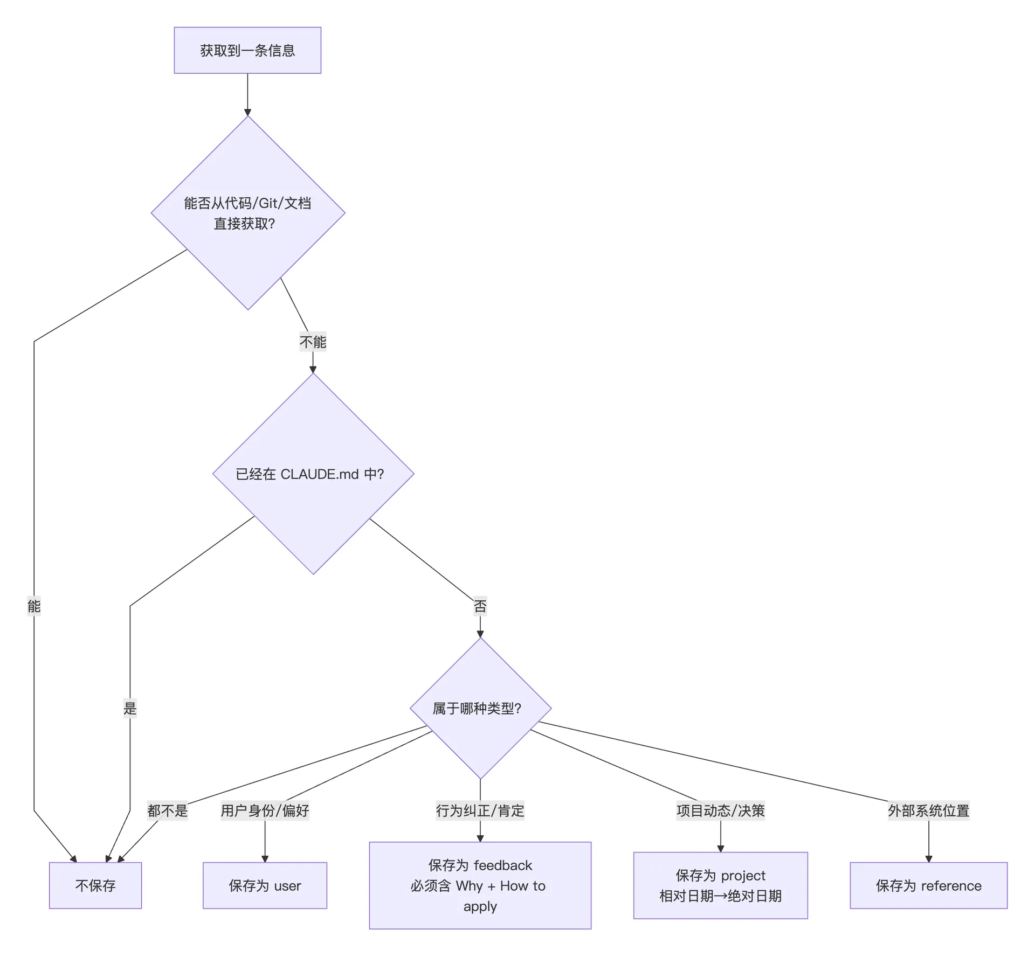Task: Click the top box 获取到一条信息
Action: point(247,50)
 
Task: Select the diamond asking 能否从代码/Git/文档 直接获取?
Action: point(248,213)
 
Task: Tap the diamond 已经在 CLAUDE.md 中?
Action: point(313,474)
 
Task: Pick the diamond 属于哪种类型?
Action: point(480,708)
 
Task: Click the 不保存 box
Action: point(95,885)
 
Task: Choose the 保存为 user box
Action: point(265,885)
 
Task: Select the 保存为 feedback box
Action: point(480,885)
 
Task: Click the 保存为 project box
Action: point(721,885)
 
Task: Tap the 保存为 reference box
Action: point(929,885)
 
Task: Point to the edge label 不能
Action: point(313,342)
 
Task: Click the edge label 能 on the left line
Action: point(34,606)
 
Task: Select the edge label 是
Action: point(130,708)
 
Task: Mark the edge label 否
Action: point(480,606)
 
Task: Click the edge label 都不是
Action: point(168,810)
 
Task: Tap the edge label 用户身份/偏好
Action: point(265,810)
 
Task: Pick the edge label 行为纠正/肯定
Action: point(480,810)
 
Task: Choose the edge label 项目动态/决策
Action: point(721,810)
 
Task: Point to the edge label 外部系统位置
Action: point(929,810)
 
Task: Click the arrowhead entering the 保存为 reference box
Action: point(929,858)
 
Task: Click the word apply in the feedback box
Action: point(480,907)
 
